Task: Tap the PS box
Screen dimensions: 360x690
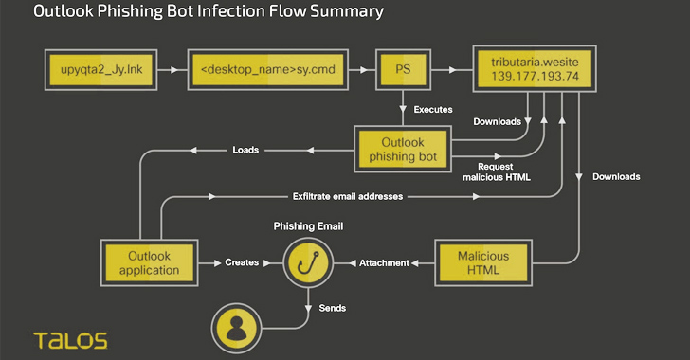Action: (403, 68)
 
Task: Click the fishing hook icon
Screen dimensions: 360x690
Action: (307, 262)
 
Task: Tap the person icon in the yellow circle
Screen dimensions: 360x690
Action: (238, 327)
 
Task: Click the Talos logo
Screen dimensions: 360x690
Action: (70, 338)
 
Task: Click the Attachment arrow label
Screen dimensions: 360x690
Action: (384, 262)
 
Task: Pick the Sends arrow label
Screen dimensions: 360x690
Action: (332, 308)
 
